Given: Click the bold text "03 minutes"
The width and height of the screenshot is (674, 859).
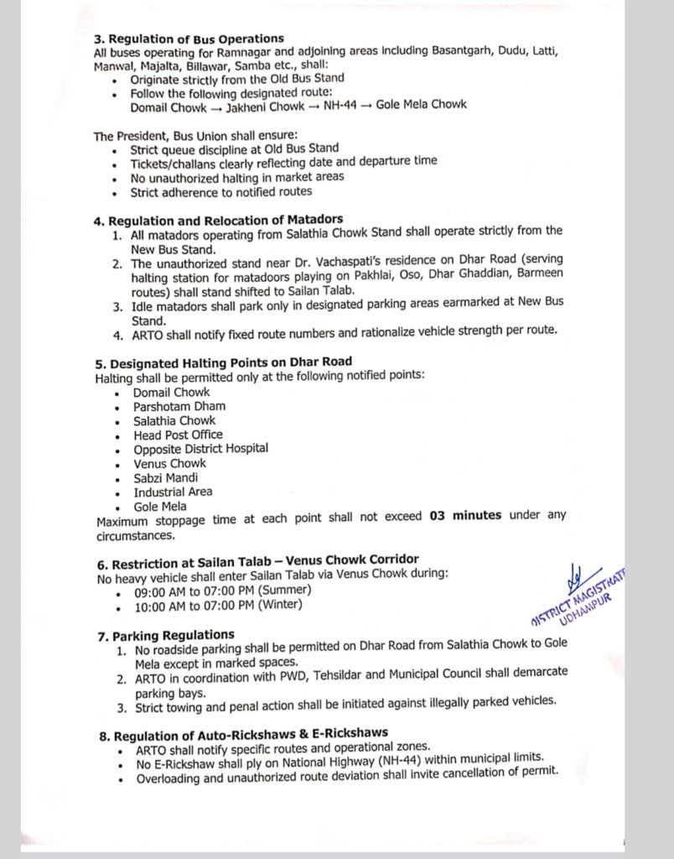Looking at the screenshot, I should [464, 515].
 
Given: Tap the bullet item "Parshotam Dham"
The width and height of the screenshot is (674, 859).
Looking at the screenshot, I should [179, 406].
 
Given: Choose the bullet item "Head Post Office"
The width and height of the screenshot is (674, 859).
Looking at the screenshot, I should [178, 435].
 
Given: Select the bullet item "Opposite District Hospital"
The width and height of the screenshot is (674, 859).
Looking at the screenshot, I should [200, 449].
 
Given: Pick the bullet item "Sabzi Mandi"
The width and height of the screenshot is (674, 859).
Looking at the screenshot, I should [165, 477].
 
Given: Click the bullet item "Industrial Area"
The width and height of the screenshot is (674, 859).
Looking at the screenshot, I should [173, 492].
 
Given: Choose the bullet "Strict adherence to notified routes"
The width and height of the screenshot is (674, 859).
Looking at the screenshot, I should [221, 191].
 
